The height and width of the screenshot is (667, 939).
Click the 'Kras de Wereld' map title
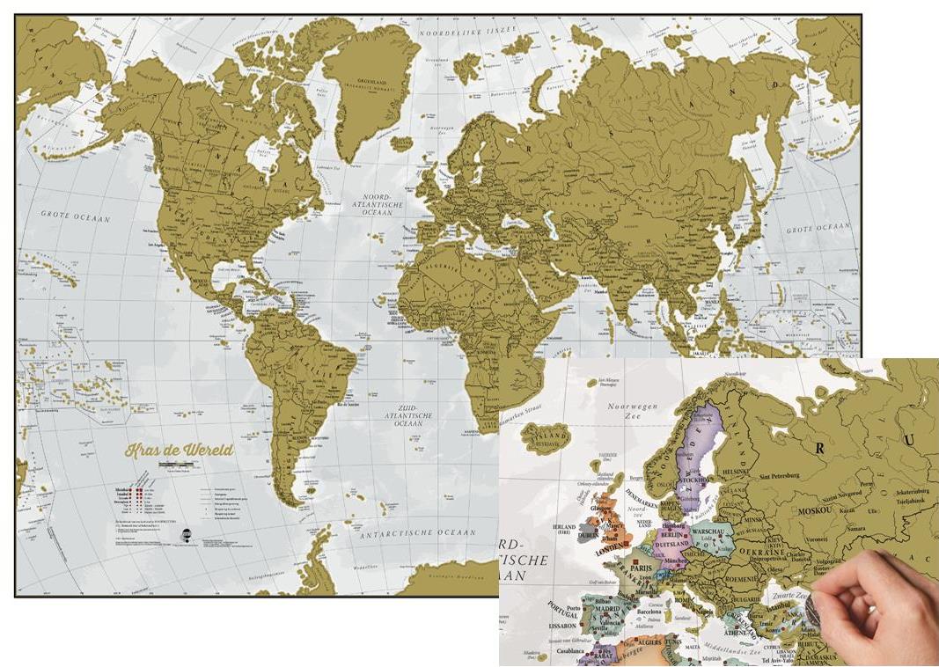coord(179,450)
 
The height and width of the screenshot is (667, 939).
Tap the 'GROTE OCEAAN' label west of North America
coord(68,213)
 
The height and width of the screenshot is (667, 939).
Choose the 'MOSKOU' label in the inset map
coord(818,510)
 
